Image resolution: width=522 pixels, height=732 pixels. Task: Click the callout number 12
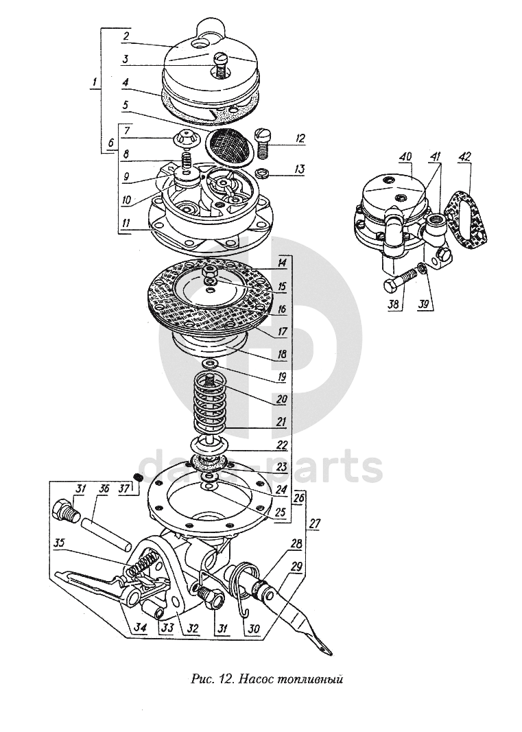pos(300,139)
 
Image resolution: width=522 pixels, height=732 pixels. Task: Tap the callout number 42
pos(466,156)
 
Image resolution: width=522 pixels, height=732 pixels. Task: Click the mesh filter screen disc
pos(226,145)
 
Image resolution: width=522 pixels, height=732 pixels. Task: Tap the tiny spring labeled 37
pos(137,477)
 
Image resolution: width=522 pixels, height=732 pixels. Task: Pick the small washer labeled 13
pos(263,172)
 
